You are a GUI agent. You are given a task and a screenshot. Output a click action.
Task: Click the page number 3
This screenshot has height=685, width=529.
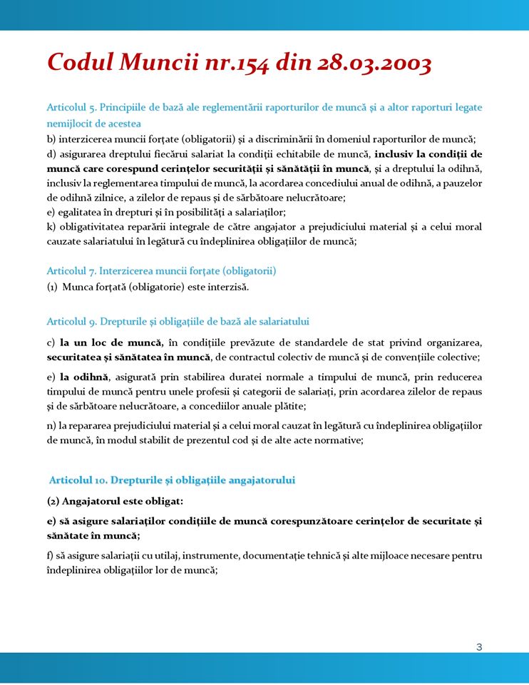[479, 646]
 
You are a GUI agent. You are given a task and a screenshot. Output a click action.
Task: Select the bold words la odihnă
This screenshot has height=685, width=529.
[83, 377]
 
